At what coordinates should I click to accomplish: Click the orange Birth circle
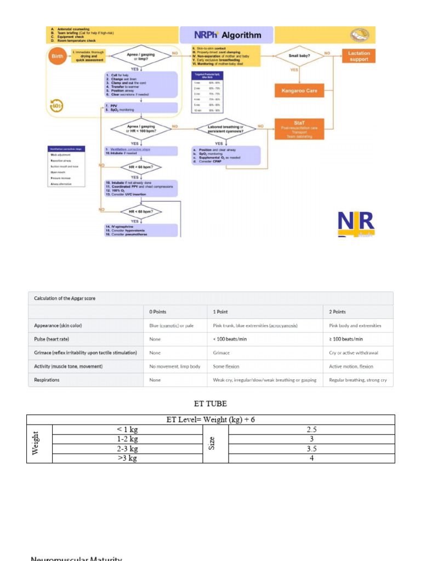(x=57, y=57)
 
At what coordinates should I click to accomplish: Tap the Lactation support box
(x=359, y=56)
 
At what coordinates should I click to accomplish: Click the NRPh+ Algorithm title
(x=227, y=35)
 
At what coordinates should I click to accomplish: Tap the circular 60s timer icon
(x=57, y=105)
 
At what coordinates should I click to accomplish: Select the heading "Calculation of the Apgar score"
(x=63, y=298)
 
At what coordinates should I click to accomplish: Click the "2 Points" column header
(x=337, y=312)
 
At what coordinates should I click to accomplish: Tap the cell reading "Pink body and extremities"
(x=355, y=325)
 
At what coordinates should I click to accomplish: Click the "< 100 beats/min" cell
(x=230, y=339)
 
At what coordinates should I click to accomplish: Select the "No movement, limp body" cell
(x=175, y=367)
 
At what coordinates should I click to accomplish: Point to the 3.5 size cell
(x=311, y=449)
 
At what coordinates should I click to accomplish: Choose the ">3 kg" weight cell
(x=127, y=458)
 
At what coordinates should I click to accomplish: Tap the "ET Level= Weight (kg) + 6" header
(x=211, y=420)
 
